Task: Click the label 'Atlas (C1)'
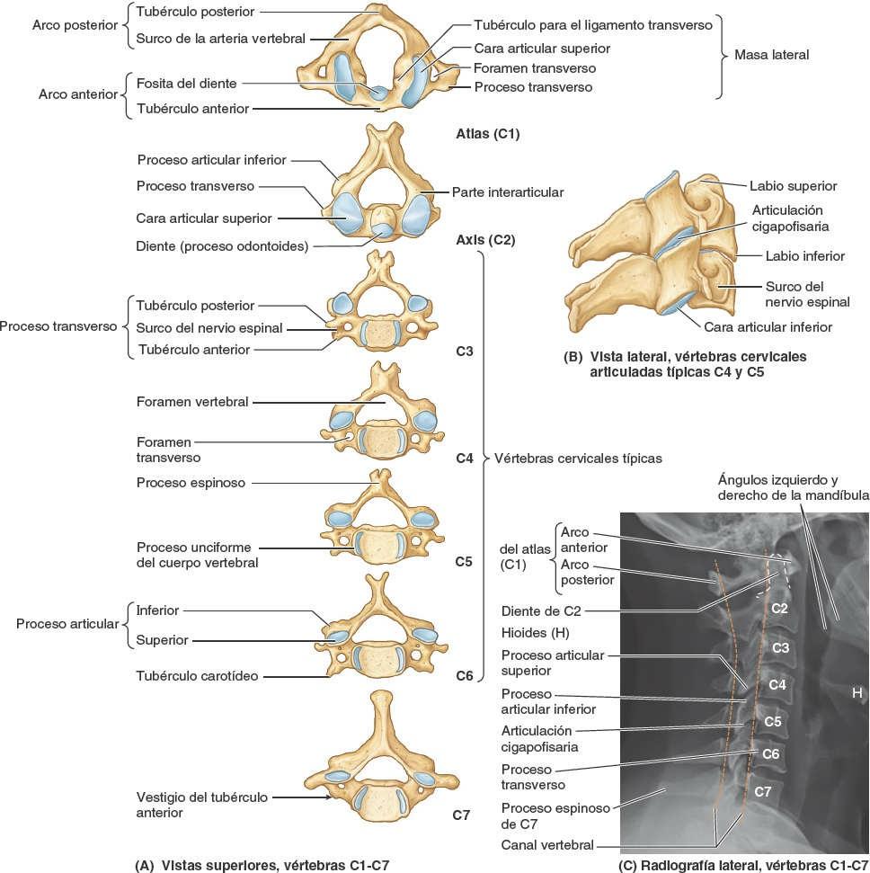point(487,135)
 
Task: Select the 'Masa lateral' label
point(771,55)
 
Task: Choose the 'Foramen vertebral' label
point(192,402)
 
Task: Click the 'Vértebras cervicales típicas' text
point(578,459)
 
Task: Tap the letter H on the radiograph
point(857,691)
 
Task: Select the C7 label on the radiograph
point(763,791)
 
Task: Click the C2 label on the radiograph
point(779,609)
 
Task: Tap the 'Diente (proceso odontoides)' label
point(222,245)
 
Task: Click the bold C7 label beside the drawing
point(461,815)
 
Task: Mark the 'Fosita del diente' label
point(187,84)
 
